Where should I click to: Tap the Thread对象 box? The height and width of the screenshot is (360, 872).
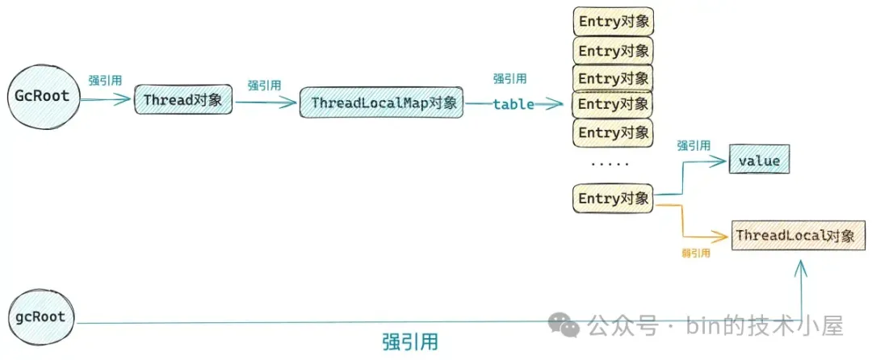tap(183, 100)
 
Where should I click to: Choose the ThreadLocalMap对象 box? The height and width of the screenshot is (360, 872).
tap(381, 103)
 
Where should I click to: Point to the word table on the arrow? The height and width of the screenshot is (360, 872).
tap(514, 104)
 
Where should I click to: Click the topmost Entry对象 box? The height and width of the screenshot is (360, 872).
tap(614, 22)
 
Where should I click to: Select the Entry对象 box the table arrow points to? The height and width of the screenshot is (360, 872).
tap(614, 104)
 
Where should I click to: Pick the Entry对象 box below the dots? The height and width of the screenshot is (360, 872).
tap(614, 199)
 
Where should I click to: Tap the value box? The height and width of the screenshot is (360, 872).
tap(759, 161)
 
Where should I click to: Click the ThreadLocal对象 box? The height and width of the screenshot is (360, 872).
tap(794, 236)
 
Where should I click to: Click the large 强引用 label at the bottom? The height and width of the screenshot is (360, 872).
tap(410, 341)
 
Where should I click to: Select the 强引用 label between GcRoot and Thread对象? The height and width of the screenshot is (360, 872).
tap(105, 80)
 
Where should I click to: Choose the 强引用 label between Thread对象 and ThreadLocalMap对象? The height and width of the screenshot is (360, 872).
tap(264, 86)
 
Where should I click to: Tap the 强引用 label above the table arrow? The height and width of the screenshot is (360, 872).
tap(509, 79)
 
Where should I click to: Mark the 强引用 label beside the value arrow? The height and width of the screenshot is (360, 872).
tap(694, 146)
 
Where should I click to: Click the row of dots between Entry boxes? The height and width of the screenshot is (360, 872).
tap(610, 165)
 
